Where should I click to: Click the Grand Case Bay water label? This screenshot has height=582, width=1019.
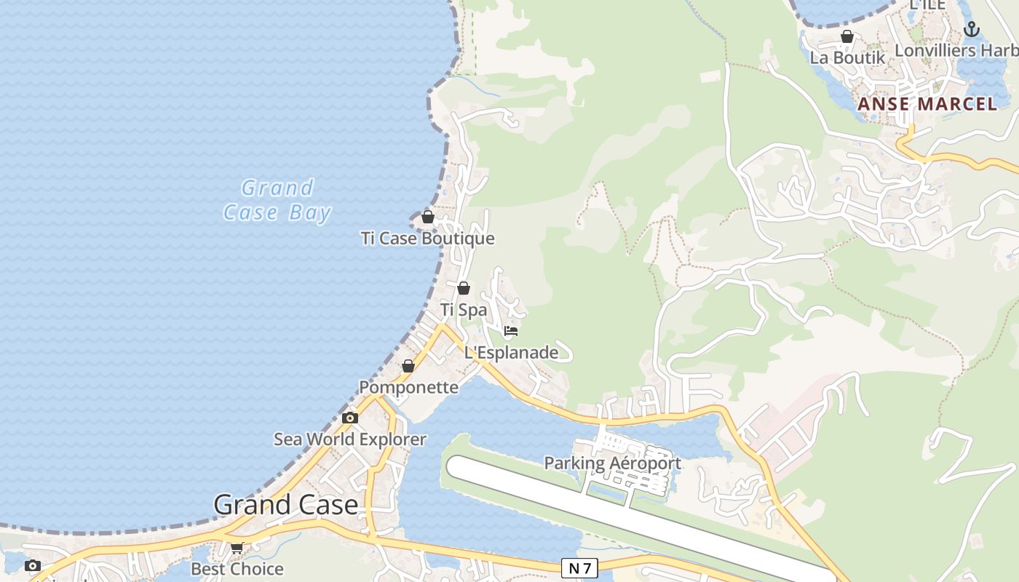click(x=277, y=200)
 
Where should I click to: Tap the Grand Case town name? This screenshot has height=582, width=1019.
click(x=286, y=505)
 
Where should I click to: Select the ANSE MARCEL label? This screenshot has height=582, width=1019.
click(x=927, y=104)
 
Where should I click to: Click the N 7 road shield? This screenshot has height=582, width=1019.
click(x=579, y=568)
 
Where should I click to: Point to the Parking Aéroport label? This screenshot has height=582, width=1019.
click(x=613, y=463)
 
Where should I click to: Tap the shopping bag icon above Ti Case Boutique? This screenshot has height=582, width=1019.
click(x=428, y=217)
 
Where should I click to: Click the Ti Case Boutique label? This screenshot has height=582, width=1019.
click(x=428, y=239)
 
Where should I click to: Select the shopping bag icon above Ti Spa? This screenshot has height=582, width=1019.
click(x=464, y=288)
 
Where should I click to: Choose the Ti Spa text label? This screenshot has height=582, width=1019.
click(x=464, y=310)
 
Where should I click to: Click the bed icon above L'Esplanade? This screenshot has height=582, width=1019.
click(x=511, y=331)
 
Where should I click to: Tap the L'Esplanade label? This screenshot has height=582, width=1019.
click(x=512, y=353)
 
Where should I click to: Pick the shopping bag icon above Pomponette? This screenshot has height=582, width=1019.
click(x=408, y=366)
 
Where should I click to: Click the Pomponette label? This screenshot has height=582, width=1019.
click(x=409, y=387)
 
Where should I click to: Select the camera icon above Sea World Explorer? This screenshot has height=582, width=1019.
click(x=350, y=418)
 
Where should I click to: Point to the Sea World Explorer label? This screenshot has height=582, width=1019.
click(x=350, y=439)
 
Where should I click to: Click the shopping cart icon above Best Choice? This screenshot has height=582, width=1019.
click(x=237, y=548)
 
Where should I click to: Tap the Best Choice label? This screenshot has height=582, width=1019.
click(x=237, y=569)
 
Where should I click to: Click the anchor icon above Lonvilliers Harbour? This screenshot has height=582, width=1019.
click(x=971, y=29)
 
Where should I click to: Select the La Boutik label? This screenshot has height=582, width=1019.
click(x=847, y=57)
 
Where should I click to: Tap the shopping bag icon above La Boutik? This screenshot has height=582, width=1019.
click(x=847, y=36)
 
